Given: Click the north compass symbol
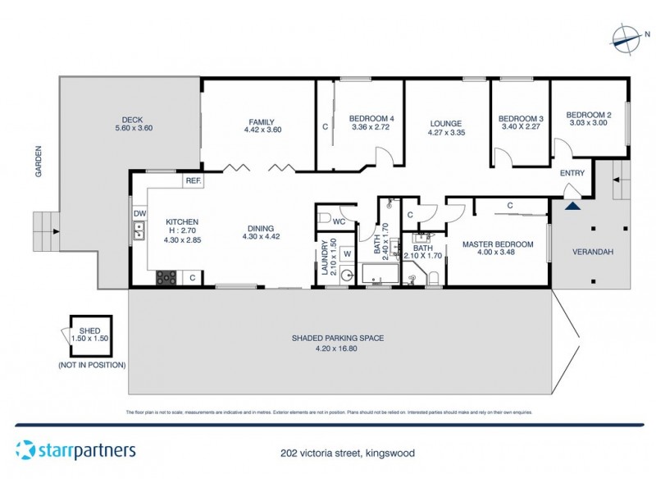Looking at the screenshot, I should [x=626, y=37].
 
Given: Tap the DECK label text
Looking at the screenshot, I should [x=133, y=117].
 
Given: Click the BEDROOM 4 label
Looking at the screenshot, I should [x=371, y=117].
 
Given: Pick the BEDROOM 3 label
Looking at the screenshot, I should [x=521, y=118].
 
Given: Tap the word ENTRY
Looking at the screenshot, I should [x=572, y=173].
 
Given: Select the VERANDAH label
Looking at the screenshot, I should [x=589, y=252].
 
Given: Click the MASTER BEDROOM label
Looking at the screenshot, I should [x=498, y=244].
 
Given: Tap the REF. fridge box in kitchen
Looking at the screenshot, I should [x=194, y=180].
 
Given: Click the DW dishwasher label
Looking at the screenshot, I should [x=139, y=213].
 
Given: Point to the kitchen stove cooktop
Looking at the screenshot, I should [x=166, y=277].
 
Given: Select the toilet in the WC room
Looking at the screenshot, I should [x=326, y=219].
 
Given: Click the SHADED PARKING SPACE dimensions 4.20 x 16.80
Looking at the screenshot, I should [x=338, y=348].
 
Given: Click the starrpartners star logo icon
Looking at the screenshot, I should [x=26, y=450].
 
